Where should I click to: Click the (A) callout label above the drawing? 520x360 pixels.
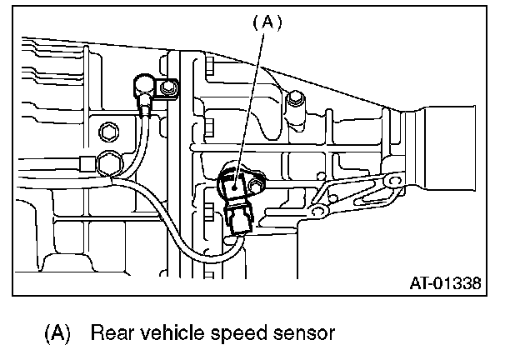(267, 23)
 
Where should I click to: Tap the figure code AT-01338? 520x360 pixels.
(444, 282)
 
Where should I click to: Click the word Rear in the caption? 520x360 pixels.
(111, 333)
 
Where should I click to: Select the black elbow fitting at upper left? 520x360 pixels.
(143, 86)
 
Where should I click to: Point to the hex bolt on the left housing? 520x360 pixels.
(107, 132)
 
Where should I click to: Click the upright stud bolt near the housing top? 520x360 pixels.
(292, 101)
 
